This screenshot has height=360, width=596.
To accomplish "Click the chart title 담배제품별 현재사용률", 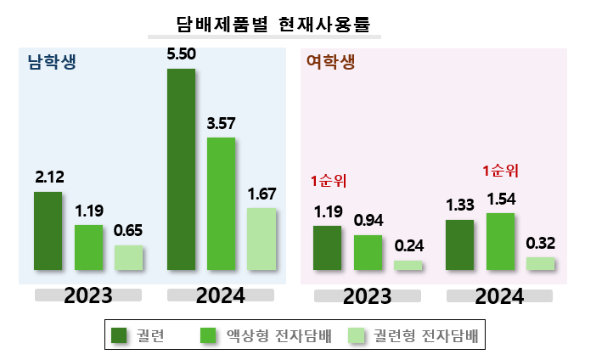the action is click(x=273, y=25).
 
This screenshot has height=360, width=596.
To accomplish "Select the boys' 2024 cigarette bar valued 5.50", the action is click(x=182, y=169).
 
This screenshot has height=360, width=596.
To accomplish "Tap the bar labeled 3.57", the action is click(x=222, y=204).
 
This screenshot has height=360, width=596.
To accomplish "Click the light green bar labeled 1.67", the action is click(x=261, y=239).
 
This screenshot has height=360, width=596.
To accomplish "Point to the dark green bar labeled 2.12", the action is click(x=48, y=231).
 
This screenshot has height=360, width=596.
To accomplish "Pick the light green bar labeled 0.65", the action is click(x=129, y=257).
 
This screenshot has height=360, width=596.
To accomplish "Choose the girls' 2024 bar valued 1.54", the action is click(x=501, y=241).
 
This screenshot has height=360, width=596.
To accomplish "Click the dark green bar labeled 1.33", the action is click(x=460, y=245).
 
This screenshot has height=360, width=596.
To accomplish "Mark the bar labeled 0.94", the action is click(x=368, y=252).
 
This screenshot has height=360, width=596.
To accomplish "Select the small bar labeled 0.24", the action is click(x=408, y=265).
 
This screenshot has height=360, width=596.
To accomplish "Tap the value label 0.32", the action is click(x=541, y=244).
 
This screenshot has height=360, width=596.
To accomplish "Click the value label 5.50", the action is click(x=182, y=54).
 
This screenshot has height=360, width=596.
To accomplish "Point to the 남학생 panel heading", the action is click(x=52, y=62).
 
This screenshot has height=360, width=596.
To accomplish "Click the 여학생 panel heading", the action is click(x=331, y=62).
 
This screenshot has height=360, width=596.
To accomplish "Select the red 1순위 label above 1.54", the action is click(x=501, y=171).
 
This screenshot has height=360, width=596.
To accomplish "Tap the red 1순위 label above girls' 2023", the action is click(x=329, y=181).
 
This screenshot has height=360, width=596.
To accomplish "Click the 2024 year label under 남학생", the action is click(x=221, y=295).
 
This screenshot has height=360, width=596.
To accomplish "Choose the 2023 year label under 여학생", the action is click(x=367, y=296).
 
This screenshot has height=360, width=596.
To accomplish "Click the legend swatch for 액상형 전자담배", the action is click(x=208, y=335).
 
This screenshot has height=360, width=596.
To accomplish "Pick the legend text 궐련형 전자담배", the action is click(x=425, y=335).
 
